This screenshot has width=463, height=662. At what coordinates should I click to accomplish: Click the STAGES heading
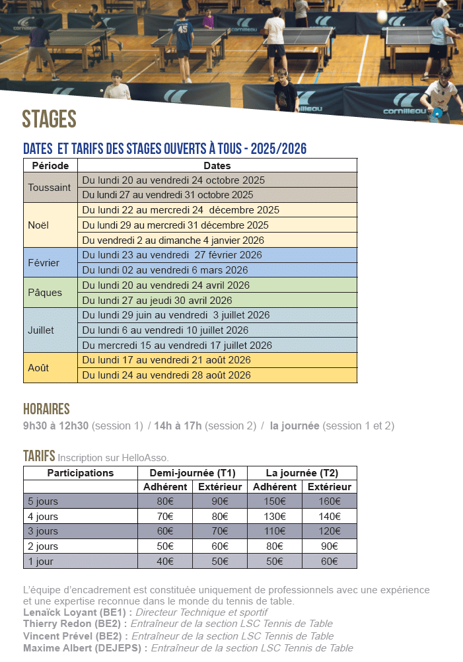[x=50, y=119]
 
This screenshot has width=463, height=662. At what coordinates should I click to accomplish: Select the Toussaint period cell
[x=50, y=188]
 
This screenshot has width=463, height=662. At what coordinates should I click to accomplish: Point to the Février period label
[x=44, y=263]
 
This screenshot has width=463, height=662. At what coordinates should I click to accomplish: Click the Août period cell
[x=38, y=367]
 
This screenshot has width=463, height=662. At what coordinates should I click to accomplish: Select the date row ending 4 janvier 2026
[x=172, y=240]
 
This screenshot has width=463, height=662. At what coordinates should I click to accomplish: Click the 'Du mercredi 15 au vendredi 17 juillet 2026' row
[x=177, y=346]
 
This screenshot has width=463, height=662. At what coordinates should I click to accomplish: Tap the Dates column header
[x=217, y=165]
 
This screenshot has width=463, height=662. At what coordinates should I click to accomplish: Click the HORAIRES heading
[x=46, y=409]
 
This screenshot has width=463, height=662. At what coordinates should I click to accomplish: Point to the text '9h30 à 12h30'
[x=55, y=426]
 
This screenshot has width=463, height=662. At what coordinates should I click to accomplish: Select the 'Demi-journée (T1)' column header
[x=192, y=473]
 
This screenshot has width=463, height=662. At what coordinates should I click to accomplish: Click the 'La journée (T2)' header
[x=302, y=473]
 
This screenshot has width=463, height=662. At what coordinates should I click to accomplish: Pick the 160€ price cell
[x=329, y=501]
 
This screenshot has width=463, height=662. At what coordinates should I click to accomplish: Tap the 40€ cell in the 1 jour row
[x=165, y=562]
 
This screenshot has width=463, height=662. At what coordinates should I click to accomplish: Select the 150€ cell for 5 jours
[x=275, y=501]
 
